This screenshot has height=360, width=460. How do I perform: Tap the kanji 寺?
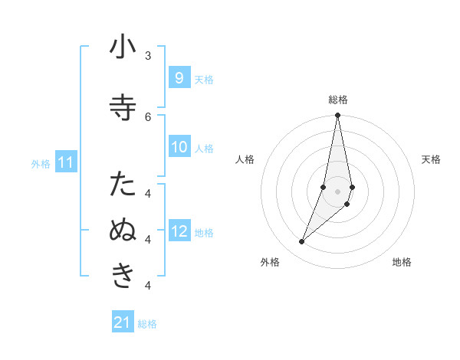pos(123,108)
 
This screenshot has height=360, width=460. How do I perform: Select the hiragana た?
pos(123,185)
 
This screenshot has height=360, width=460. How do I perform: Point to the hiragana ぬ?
pos(123,231)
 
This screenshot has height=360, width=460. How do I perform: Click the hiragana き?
pos(123,276)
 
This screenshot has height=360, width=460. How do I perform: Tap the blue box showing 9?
pos(179,78)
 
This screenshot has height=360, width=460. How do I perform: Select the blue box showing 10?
pos(179,147)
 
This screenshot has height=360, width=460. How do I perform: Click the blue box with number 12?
pos(179,231)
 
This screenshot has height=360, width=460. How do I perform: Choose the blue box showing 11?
pos(66,162)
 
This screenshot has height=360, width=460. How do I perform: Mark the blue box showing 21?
pos(123,322)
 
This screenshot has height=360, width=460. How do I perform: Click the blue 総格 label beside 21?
pos(147,324)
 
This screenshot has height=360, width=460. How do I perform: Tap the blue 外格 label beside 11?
pos(40,164)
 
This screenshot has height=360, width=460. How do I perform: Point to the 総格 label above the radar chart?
pos(337,100)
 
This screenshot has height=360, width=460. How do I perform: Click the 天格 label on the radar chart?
pos(431,159)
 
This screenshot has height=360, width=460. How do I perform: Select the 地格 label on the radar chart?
pos(402,263)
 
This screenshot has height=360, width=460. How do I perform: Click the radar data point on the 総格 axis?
pos(337,116)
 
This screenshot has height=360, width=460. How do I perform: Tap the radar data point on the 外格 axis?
pos(301,242)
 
